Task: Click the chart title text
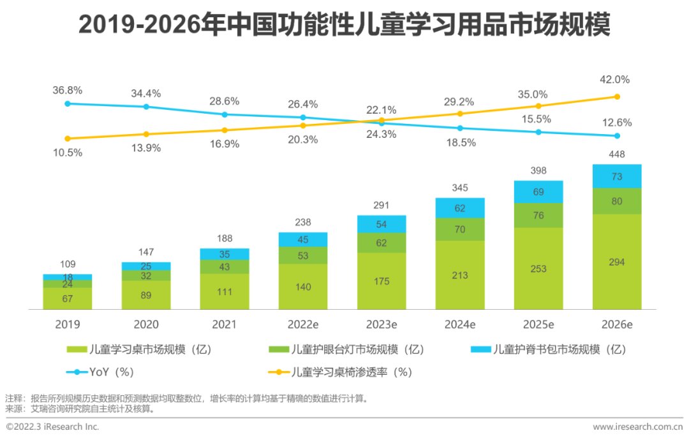344,26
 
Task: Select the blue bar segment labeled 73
617,176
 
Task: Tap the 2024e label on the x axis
460,324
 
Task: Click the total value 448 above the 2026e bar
617,155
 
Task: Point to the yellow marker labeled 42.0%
617,97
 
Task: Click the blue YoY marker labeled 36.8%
68,103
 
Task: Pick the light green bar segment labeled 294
617,262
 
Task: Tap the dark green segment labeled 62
382,243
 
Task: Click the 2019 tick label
68,324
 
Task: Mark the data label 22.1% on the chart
382,110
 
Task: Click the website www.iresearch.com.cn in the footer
637,427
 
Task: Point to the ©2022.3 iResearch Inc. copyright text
52,427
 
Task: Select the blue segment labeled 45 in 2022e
303,240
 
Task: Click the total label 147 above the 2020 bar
146,252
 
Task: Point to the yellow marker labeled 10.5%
68,139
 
